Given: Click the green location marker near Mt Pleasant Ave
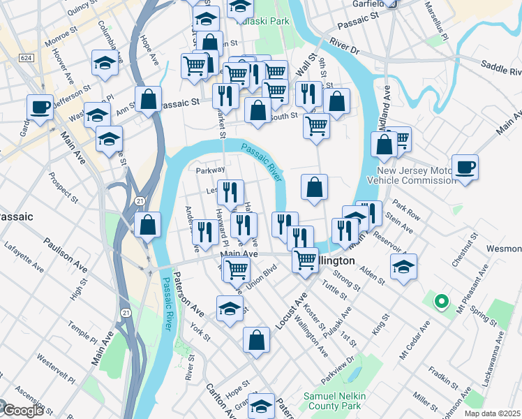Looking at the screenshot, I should coord(441,302).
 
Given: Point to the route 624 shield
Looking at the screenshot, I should coord(27,57).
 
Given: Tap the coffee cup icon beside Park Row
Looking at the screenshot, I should coord(465,168).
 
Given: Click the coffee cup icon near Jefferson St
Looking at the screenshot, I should coord(40,108).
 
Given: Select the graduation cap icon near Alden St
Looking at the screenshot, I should coord(403,267).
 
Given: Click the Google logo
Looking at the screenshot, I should coord(22,411).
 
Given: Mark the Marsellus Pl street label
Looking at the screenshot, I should coord(436,20).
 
